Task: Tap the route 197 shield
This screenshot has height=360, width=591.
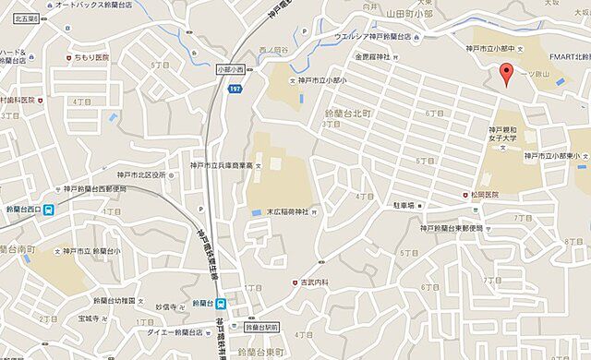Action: click(235, 87)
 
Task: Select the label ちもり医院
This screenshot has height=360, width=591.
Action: click(93, 57)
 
